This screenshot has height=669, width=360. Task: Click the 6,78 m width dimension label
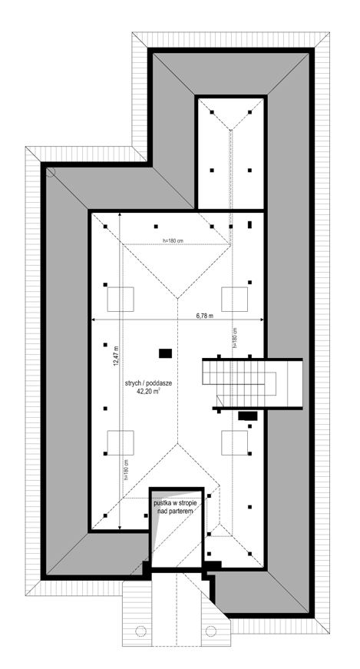(204, 316)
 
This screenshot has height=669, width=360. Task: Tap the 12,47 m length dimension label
(116, 356)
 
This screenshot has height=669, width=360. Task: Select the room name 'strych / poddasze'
(148, 383)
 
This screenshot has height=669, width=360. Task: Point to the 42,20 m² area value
(148, 390)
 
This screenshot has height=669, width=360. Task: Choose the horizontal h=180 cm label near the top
(173, 240)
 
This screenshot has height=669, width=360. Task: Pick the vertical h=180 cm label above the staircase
(235, 338)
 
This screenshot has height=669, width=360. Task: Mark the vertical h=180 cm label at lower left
(127, 470)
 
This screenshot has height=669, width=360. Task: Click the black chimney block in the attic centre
(166, 353)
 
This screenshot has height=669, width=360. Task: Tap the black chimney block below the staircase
(248, 416)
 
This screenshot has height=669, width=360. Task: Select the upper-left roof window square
(121, 299)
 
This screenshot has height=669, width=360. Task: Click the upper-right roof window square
(234, 299)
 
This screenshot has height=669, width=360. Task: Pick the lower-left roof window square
(121, 443)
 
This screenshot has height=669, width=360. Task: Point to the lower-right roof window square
(234, 443)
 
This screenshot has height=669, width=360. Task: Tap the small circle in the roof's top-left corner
(51, 172)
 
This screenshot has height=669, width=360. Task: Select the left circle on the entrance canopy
(140, 631)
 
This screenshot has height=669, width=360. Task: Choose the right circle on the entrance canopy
(211, 631)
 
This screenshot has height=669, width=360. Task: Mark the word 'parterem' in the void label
(181, 511)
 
